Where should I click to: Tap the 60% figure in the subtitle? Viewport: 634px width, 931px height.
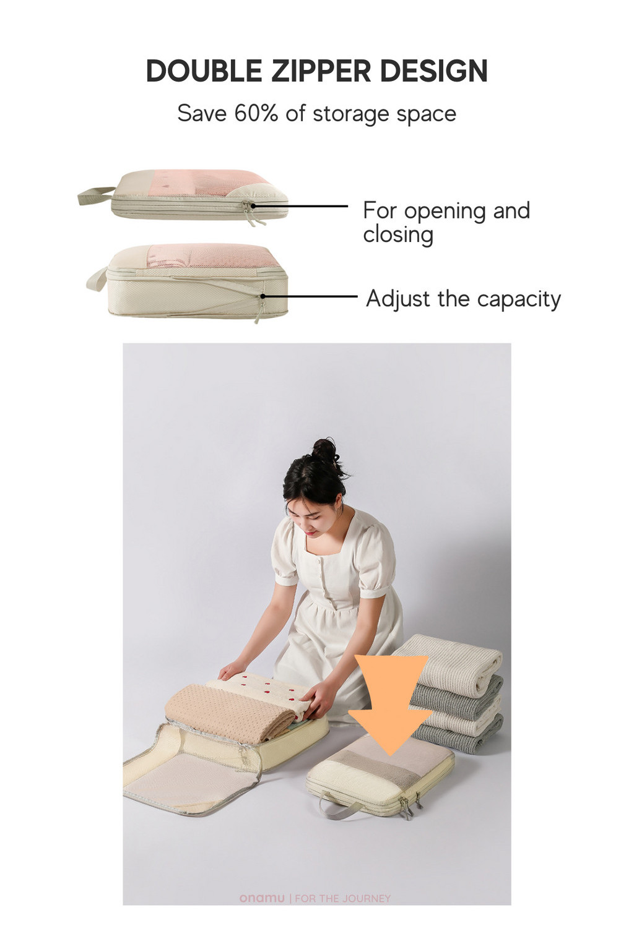coord(256,113)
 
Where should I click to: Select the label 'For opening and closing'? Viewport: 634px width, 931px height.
coord(446,222)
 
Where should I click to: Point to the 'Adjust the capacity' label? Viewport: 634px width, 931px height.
coord(463,299)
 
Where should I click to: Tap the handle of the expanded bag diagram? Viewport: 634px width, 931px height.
coord(97,279)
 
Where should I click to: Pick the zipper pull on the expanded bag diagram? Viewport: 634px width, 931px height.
coord(260,309)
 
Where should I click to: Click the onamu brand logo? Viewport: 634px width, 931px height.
coord(262,898)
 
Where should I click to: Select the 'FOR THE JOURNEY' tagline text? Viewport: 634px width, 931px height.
coord(342,898)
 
